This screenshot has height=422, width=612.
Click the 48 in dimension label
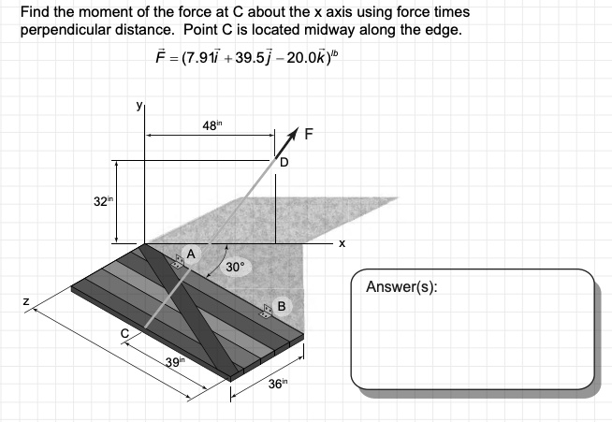coord(211,125)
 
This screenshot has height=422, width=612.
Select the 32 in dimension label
coord(104,201)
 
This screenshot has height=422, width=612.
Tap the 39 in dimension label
coord(175,362)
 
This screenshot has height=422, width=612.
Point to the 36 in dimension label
coord(278,384)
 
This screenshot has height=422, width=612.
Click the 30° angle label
coord(235,267)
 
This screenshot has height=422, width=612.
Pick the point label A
coord(191,255)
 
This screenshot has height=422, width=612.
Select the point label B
coord(282,306)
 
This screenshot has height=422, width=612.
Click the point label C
coord(124,333)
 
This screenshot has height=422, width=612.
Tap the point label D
coord(284,162)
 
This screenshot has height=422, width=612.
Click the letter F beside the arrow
coord(309,135)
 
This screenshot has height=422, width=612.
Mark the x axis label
coord(342,244)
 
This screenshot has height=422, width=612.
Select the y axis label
coord(138,106)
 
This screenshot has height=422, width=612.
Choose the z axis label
coord(26,301)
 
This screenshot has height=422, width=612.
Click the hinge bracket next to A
coord(179,261)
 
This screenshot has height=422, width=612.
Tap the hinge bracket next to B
coord(267,312)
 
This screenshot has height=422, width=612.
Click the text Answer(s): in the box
coord(401,287)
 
